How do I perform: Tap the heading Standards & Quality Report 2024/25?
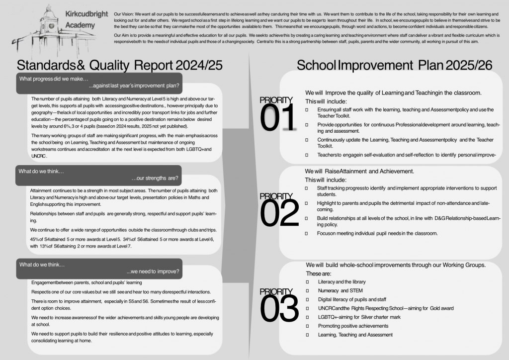tap(120, 65)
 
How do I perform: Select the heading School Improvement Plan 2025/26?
tap(394, 65)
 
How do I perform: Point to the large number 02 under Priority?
tap(278, 213)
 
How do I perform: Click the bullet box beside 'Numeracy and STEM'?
tap(307, 291)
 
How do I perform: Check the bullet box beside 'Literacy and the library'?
tap(307, 282)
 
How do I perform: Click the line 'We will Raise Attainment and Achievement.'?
tap(359, 171)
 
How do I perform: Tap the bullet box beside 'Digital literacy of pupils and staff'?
tap(307, 300)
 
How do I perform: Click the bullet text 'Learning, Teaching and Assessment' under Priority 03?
tap(355, 335)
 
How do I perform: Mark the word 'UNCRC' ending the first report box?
tap(39, 156)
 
